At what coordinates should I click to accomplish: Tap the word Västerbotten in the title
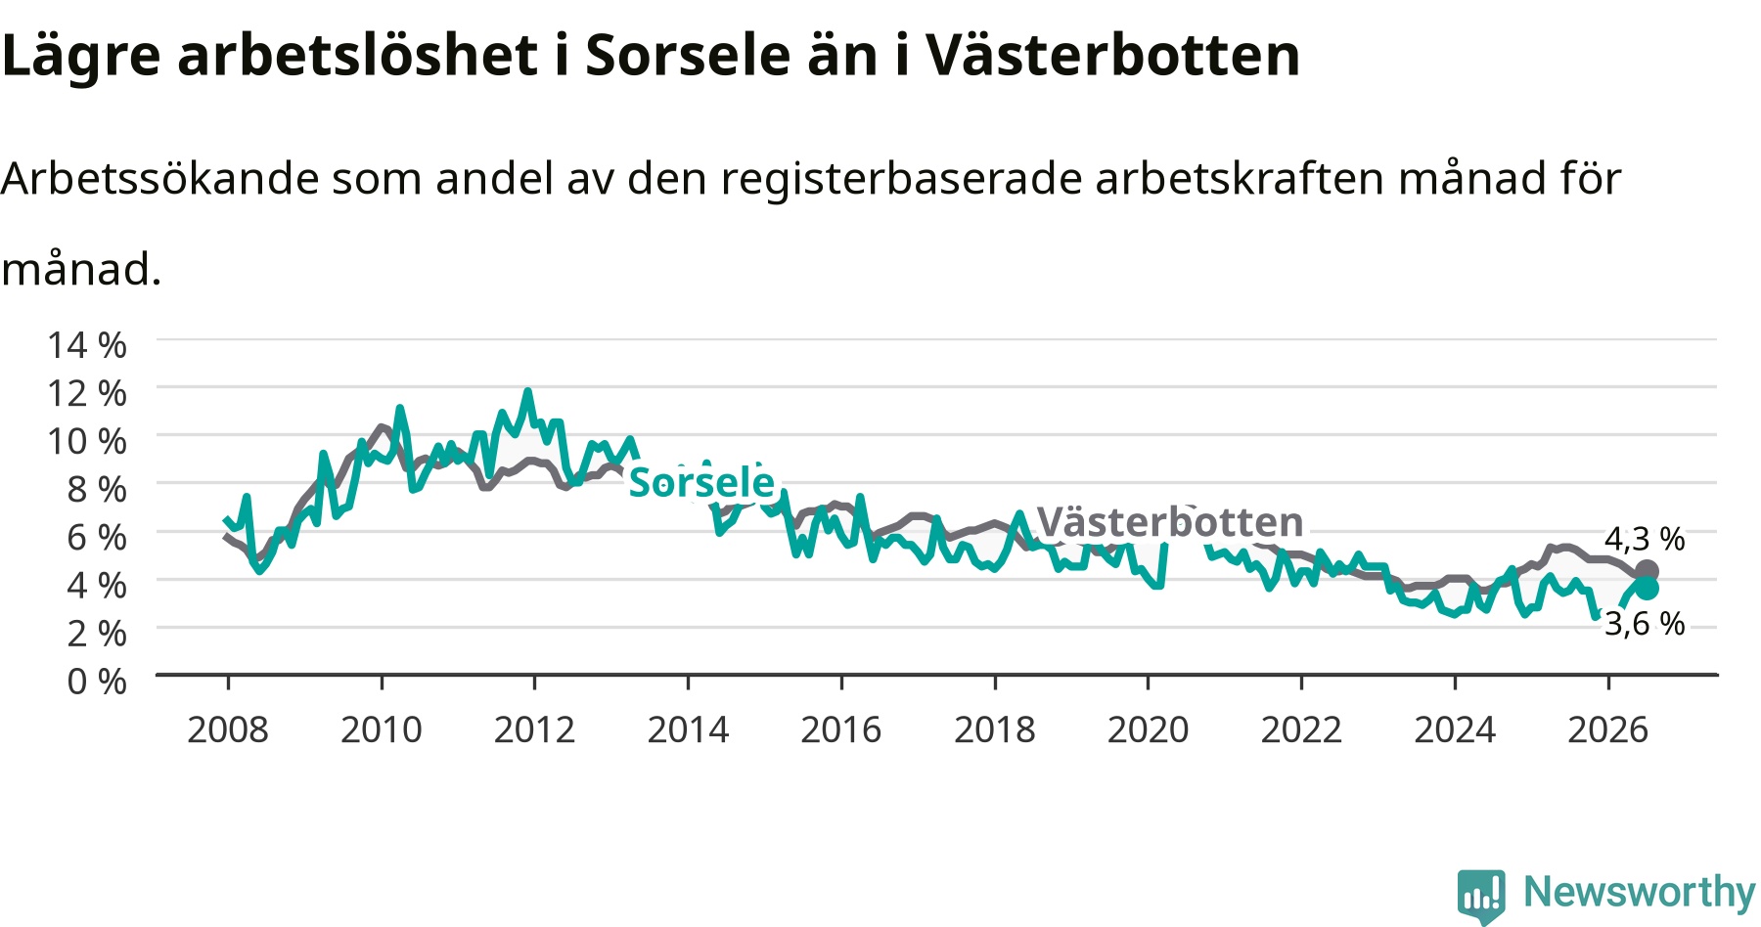(1113, 55)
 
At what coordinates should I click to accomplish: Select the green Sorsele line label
(701, 482)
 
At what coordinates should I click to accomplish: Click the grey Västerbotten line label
(1170, 522)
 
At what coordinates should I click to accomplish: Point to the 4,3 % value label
(1645, 539)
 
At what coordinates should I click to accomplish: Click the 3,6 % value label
(1645, 623)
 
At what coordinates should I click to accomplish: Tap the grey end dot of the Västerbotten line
(1647, 572)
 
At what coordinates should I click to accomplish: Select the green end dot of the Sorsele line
(1647, 588)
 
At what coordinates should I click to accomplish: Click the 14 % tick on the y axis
(87, 345)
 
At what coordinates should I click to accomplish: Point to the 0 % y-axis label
(97, 681)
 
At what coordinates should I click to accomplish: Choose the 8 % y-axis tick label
(97, 489)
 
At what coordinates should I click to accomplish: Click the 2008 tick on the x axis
(228, 729)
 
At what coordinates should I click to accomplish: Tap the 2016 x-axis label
(841, 729)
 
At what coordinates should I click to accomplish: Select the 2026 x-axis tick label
(1608, 729)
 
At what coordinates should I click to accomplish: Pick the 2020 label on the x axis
(1148, 729)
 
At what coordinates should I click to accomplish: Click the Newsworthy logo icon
(1481, 895)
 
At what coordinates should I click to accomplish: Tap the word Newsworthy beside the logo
(1640, 892)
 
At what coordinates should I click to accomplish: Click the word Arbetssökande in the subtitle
(160, 179)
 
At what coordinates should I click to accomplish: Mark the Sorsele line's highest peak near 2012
(527, 391)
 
